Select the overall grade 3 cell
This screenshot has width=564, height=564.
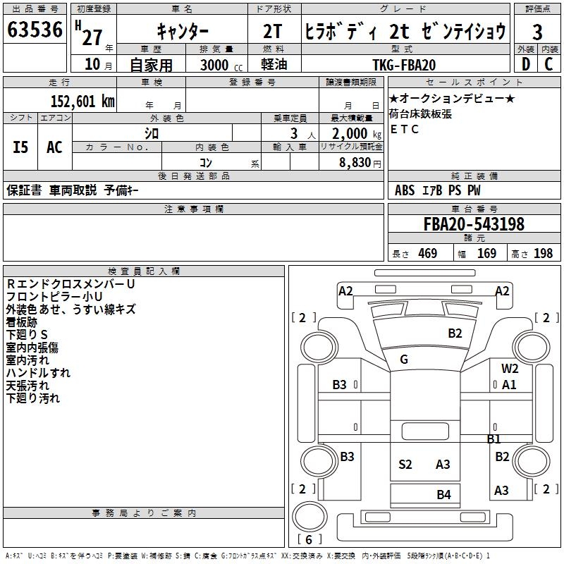(537, 32)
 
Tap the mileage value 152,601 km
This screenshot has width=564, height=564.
(82, 101)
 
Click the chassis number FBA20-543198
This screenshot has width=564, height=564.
(474, 224)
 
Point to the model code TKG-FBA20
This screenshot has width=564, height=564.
(404, 65)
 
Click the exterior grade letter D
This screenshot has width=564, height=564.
(525, 65)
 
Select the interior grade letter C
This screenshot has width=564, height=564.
(548, 65)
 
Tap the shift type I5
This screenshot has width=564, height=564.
(21, 147)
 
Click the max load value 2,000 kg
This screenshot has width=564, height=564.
(352, 133)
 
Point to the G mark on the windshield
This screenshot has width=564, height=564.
(404, 360)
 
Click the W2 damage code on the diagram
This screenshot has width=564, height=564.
(510, 368)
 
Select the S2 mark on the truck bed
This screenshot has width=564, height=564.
(405, 464)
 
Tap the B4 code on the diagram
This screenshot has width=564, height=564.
(443, 494)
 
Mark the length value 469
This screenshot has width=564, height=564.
(427, 253)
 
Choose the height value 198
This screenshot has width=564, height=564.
(543, 253)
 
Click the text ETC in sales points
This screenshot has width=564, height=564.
(405, 129)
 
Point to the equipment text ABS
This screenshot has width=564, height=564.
(405, 190)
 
